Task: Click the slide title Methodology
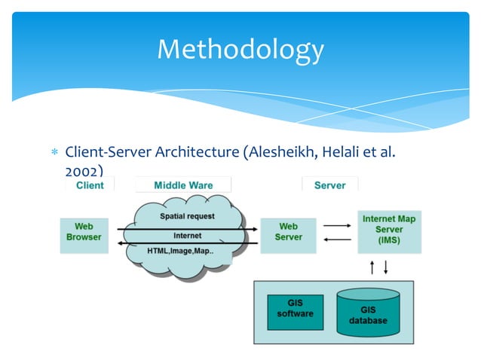pyautogui.click(x=240, y=50)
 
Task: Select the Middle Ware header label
pyautogui.click(x=183, y=185)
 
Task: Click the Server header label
pyautogui.click(x=329, y=185)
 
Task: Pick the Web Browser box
pyautogui.click(x=84, y=231)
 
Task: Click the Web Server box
pyautogui.click(x=288, y=231)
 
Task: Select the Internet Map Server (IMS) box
pyautogui.click(x=388, y=230)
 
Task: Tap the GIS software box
pyautogui.click(x=295, y=309)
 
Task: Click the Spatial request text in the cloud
pyautogui.click(x=187, y=216)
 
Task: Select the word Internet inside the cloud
pyautogui.click(x=187, y=236)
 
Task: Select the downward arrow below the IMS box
pyautogui.click(x=386, y=267)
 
